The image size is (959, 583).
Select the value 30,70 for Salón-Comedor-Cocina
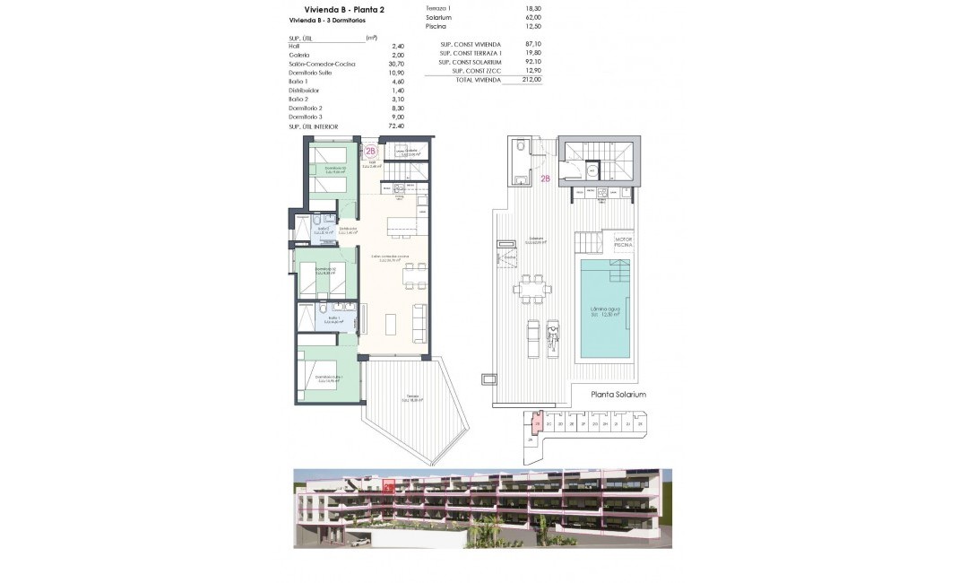tap(395, 64)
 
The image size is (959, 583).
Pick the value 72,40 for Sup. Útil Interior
tap(395, 126)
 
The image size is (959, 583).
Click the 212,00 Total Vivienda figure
tap(531, 80)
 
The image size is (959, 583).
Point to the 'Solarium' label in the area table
tap(438, 17)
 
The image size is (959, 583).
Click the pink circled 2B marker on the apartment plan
tap(371, 152)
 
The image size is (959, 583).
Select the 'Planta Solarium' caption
tap(618, 395)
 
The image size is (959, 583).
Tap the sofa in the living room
tap(419, 323)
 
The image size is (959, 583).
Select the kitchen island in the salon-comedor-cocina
tap(402, 227)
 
